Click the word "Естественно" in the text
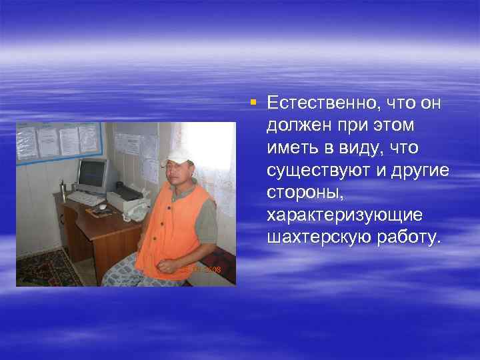pos(315,103)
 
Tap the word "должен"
pos(296,125)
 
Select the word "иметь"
pos(289,147)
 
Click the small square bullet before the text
pos(253,102)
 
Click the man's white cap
pos(179,156)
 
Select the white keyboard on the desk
pos(86,198)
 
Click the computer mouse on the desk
pos(102,207)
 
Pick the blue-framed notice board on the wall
pos(58,141)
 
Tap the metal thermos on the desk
pos(63,192)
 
